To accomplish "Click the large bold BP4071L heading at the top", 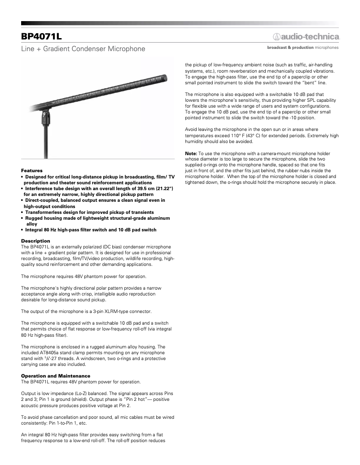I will [x=41, y=35].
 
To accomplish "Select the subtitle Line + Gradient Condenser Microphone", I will [x=83, y=48].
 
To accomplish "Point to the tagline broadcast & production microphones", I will [x=303, y=47].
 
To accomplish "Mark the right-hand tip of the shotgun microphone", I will [x=167, y=78].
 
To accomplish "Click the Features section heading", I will [x=32, y=170].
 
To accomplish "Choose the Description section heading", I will [x=35, y=241].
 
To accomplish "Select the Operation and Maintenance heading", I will [x=56, y=376].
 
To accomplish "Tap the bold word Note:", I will [x=191, y=153].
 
